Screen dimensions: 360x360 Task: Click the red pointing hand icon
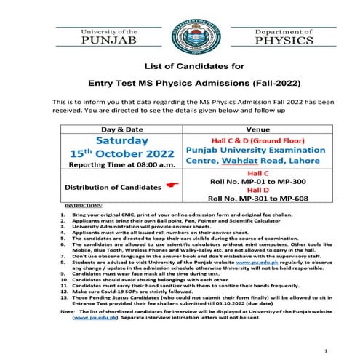pyautogui.click(x=171, y=186)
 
